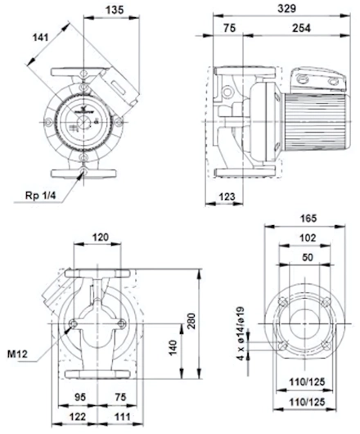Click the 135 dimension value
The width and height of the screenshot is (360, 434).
pyautogui.click(x=115, y=10)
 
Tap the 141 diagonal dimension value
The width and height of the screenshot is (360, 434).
pyautogui.click(x=41, y=37)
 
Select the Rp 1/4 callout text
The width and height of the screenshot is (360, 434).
pyautogui.click(x=41, y=196)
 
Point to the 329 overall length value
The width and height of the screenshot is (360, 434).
pyautogui.click(x=286, y=8)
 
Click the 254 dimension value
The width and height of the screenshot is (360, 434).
pyautogui.click(x=301, y=28)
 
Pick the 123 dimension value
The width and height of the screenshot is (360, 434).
pyautogui.click(x=227, y=197)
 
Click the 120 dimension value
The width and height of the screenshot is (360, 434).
pyautogui.click(x=100, y=237)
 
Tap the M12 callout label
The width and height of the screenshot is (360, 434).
pyautogui.click(x=17, y=354)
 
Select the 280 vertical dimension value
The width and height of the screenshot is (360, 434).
pyautogui.click(x=191, y=320)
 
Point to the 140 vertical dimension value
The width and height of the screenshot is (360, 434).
pyautogui.click(x=173, y=348)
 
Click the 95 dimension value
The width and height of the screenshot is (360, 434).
pyautogui.click(x=80, y=396)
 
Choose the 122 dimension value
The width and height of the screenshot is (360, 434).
pyautogui.click(x=78, y=416)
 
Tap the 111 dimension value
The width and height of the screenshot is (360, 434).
pyautogui.click(x=122, y=416)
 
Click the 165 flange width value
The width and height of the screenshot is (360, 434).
pyautogui.click(x=308, y=219)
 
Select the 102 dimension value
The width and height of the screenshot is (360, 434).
pyautogui.click(x=308, y=237)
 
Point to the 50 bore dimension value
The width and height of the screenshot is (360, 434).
pyautogui.click(x=308, y=257)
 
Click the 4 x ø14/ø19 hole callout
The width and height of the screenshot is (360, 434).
pyautogui.click(x=241, y=333)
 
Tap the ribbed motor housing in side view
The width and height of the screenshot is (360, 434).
pyautogui.click(x=315, y=121)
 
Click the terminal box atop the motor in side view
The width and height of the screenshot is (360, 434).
pyautogui.click(x=318, y=79)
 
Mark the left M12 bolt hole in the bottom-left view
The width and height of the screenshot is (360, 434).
pyautogui.click(x=74, y=323)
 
